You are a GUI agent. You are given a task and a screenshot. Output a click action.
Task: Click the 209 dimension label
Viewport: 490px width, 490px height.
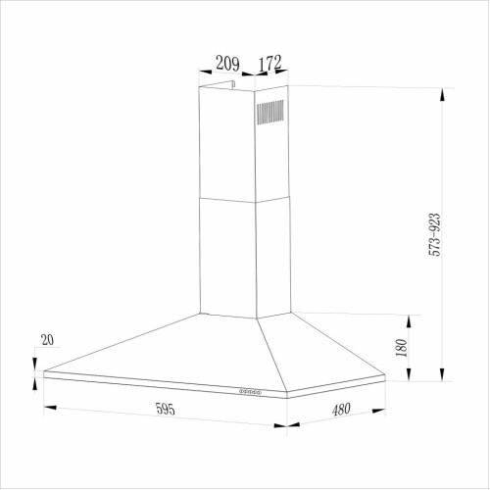[227, 64]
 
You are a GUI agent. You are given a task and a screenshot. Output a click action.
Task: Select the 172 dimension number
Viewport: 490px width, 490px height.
[269, 63]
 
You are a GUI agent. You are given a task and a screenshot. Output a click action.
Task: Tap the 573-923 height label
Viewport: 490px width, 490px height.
[435, 234]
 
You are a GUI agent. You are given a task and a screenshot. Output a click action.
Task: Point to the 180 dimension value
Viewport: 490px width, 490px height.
[402, 348]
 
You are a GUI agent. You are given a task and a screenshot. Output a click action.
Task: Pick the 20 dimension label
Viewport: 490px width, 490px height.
[47, 340]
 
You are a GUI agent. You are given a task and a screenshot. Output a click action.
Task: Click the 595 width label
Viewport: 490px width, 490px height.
[166, 409]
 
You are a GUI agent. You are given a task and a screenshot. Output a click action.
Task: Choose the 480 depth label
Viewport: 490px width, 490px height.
[341, 410]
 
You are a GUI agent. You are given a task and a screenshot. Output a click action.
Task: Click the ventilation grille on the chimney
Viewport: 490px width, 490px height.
[270, 112]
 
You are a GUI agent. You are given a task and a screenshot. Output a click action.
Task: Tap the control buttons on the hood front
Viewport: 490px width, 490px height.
[250, 391]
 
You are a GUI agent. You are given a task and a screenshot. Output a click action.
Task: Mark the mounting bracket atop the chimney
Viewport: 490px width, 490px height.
[219, 84]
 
